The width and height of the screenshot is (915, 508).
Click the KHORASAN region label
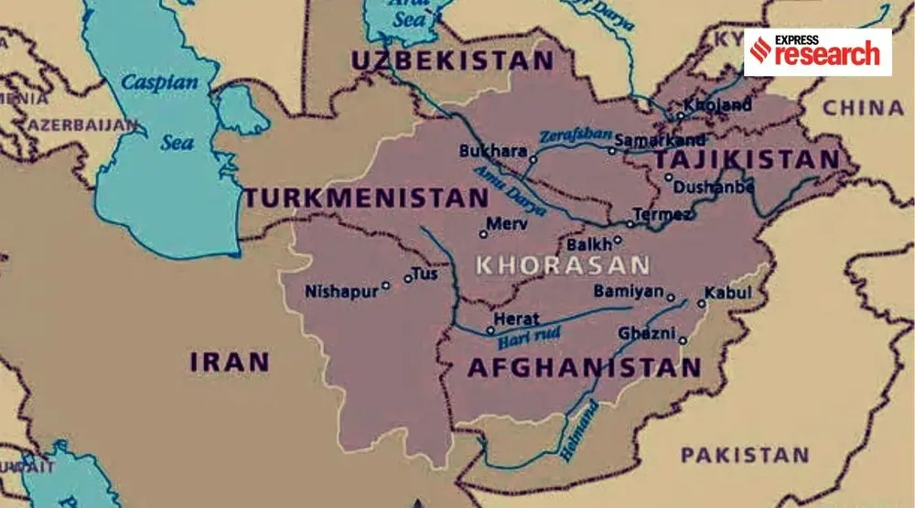tap(563, 266)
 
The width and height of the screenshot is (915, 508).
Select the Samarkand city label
tap(660, 140)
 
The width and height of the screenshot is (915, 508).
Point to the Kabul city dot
tap(701, 304)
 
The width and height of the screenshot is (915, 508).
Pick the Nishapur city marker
tap(385, 286)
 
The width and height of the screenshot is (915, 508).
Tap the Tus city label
tap(427, 273)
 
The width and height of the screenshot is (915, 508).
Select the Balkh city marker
tap(618, 241)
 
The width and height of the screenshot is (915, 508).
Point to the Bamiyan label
tap(628, 291)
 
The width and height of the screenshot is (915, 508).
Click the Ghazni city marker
tap(683, 340)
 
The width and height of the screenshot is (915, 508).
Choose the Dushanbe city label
tap(714, 187)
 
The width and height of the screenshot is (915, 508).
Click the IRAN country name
tap(230, 362)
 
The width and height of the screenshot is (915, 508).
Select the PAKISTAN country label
tap(744, 454)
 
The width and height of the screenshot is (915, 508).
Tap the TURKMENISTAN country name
tap(366, 198)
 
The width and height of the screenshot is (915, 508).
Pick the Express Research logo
tap(817, 51)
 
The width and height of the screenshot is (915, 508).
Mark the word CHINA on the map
tap(862, 108)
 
